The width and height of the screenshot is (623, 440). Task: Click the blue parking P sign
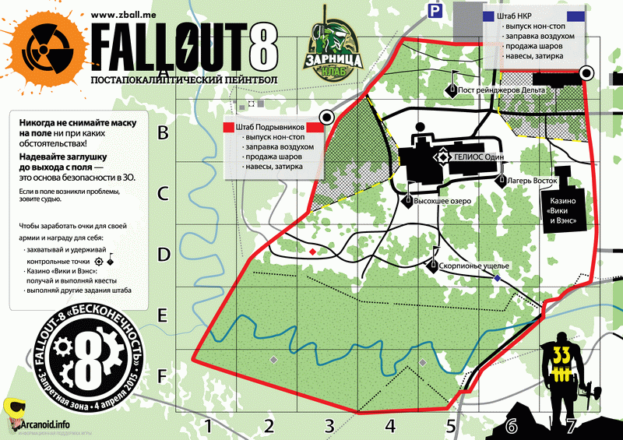433,9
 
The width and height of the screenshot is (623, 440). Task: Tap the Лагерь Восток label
533,179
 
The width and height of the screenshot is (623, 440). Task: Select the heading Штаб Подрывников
266,127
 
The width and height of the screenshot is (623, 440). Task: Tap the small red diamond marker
312,252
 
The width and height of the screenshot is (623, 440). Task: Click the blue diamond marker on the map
498,278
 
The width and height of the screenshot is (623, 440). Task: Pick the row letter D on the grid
164,255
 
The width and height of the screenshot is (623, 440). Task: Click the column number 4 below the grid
390,426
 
